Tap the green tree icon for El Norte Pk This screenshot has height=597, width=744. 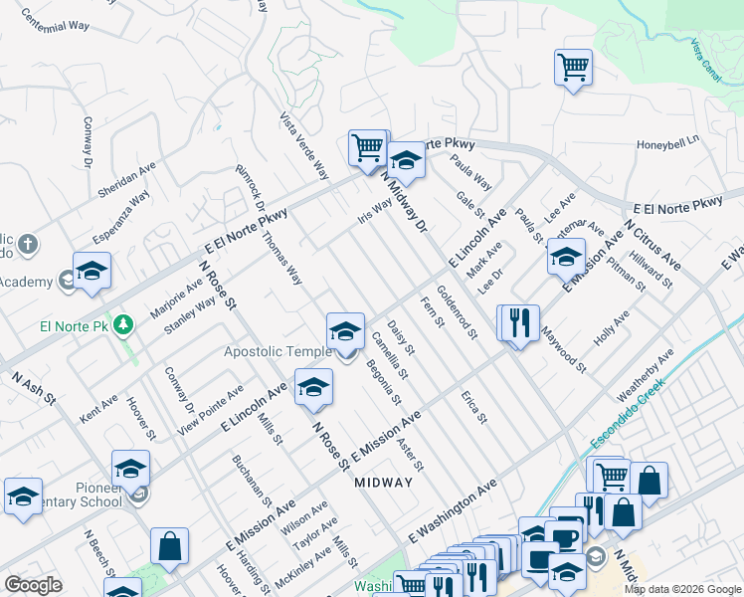coord(123,324)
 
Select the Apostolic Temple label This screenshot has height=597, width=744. coord(278,352)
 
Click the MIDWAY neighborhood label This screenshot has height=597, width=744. coord(383,482)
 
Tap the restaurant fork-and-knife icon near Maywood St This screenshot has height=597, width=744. coord(518,322)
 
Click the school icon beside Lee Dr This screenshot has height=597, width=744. coord(566,258)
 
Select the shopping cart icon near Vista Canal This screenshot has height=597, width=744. coord(573,68)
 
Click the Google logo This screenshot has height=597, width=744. coord(33,585)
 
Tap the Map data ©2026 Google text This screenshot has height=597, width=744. coord(682,589)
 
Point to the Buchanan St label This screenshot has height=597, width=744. coord(252,481)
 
